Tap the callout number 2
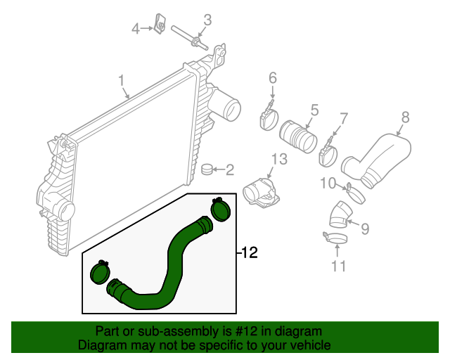point(229,169)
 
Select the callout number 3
point(207,19)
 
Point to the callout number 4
point(136,28)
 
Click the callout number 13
point(280,160)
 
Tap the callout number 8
point(405,117)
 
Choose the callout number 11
point(339,266)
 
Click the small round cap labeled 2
point(207,169)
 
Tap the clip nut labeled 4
point(160,27)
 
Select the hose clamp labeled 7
point(328,154)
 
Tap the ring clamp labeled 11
point(335,240)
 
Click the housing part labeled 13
point(258,192)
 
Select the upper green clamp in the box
point(221,209)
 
